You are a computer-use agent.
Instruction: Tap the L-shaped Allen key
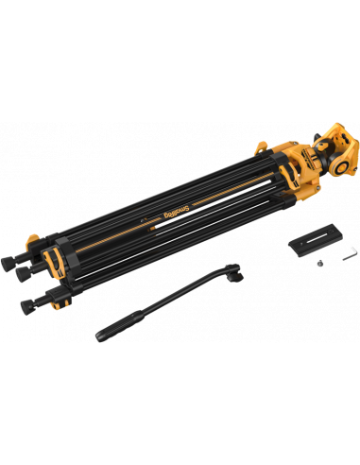pyautogui.click(x=350, y=253)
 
